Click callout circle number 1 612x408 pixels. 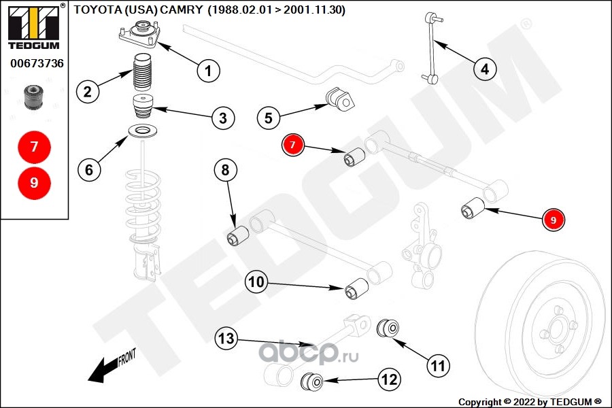tap(209, 69)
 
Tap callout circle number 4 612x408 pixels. tap(484, 68)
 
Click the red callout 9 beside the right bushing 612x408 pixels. tap(554, 220)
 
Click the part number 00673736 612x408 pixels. tap(37, 63)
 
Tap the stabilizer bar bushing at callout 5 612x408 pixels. tap(341, 99)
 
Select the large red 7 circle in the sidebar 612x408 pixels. tap(34, 146)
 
